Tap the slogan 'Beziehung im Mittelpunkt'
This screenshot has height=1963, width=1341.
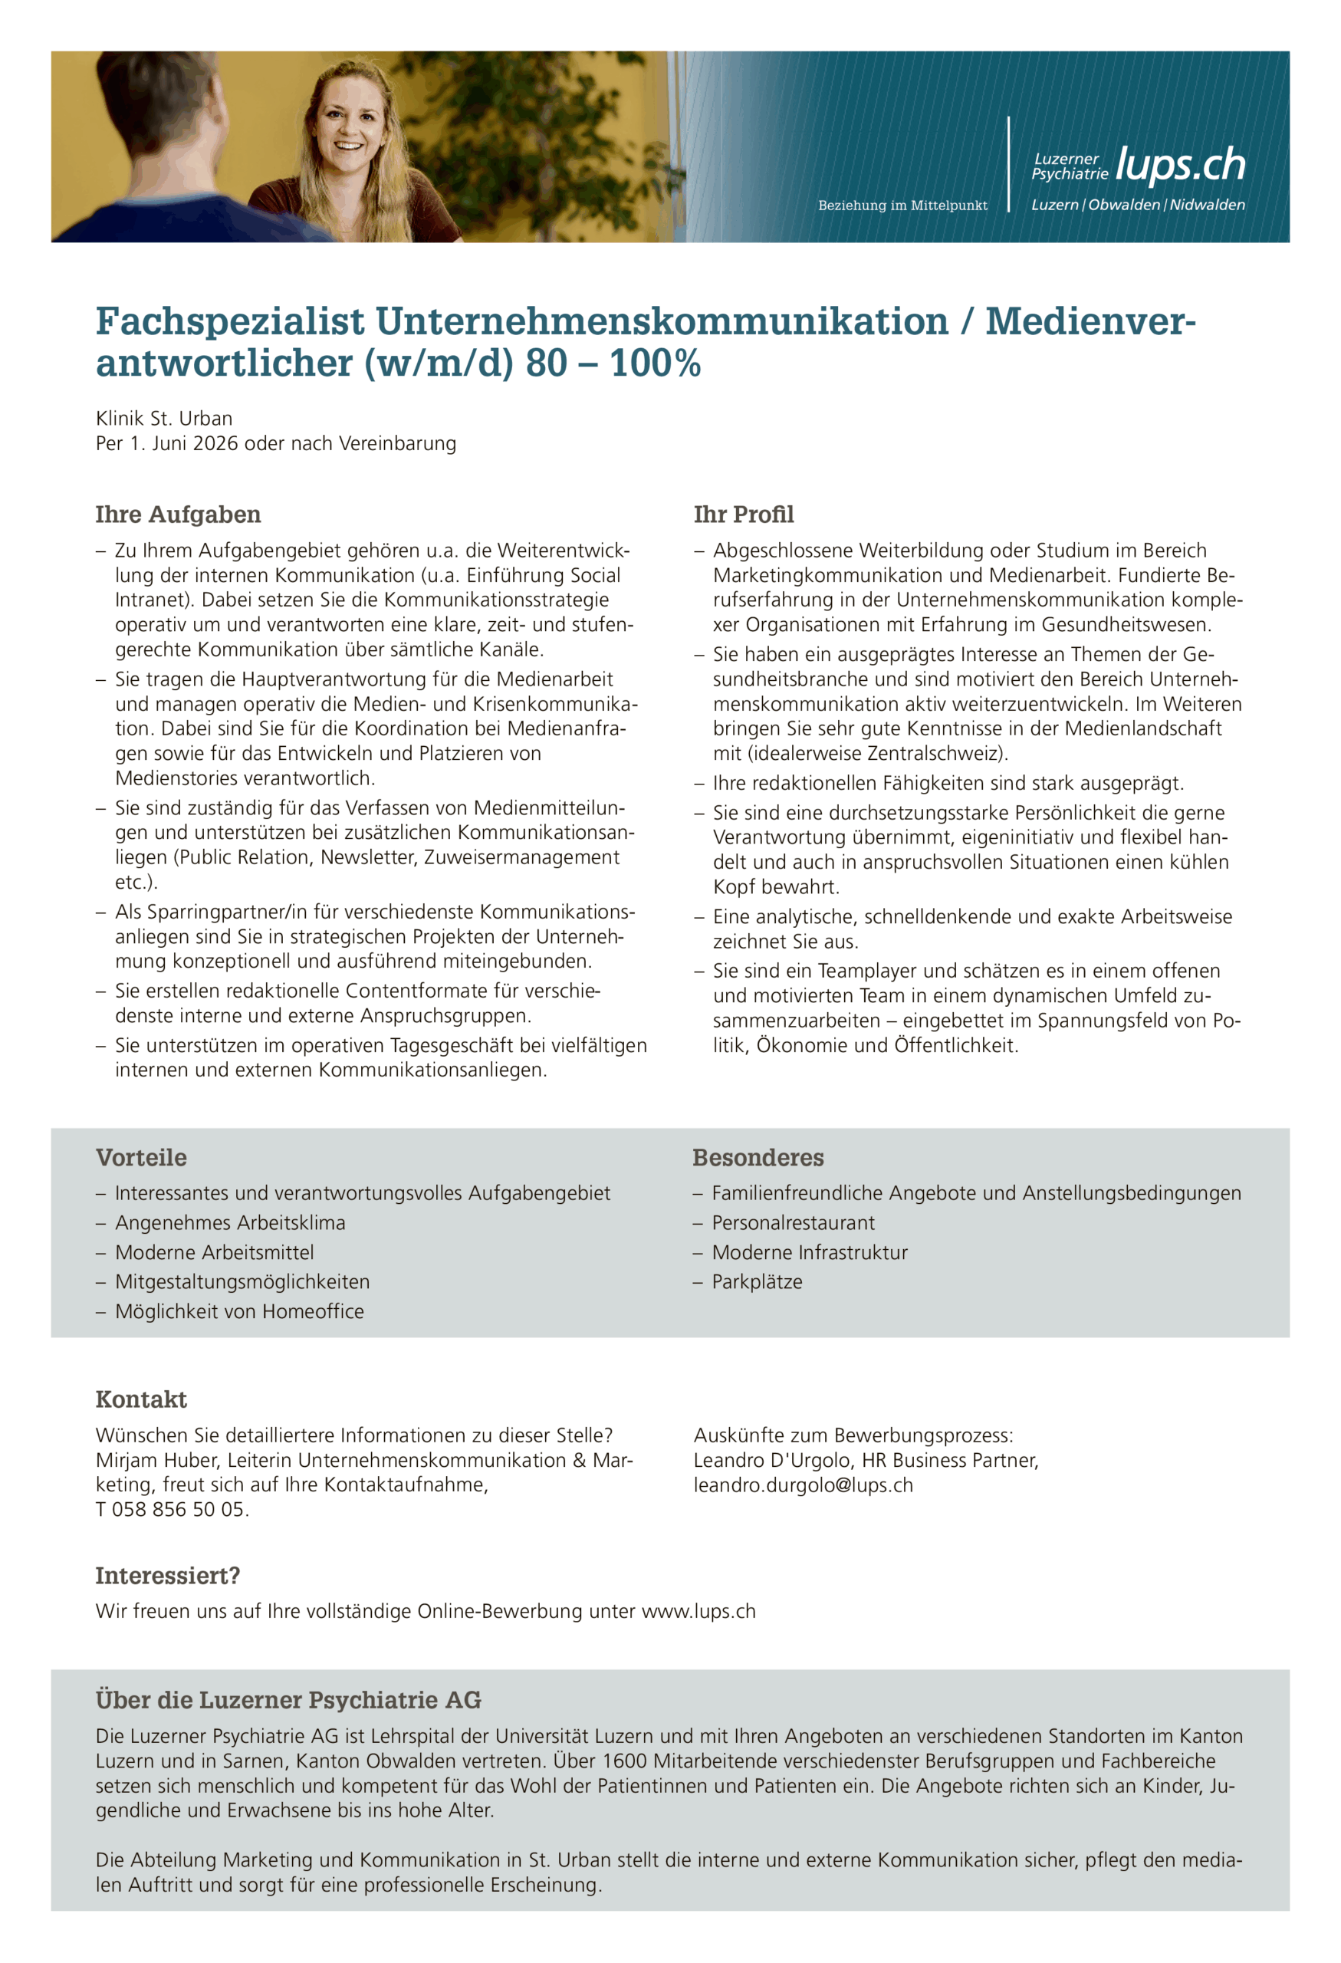click(902, 206)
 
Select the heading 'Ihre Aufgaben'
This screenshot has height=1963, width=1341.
click(178, 515)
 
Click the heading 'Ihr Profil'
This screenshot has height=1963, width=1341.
click(743, 515)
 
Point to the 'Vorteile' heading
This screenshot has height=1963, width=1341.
click(141, 1157)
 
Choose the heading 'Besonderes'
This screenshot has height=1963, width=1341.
click(758, 1157)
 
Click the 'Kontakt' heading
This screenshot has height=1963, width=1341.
click(141, 1399)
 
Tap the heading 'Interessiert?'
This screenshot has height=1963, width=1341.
click(167, 1575)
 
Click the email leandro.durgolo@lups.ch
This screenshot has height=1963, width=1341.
click(803, 1485)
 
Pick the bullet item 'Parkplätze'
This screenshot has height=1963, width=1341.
click(757, 1281)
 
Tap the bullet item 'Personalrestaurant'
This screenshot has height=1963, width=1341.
click(793, 1222)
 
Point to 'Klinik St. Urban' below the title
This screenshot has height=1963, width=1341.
click(164, 418)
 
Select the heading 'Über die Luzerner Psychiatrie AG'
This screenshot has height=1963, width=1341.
click(288, 1699)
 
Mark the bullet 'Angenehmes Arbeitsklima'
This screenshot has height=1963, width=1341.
click(230, 1222)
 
